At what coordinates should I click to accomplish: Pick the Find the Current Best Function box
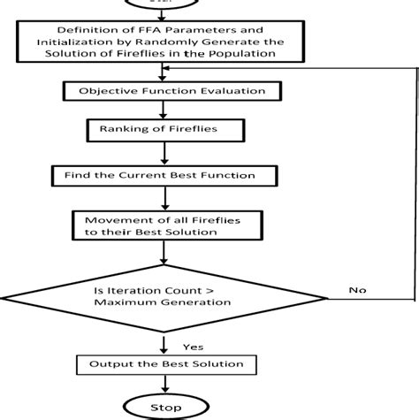tap(159, 175)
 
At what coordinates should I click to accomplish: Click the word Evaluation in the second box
tap(216, 90)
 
